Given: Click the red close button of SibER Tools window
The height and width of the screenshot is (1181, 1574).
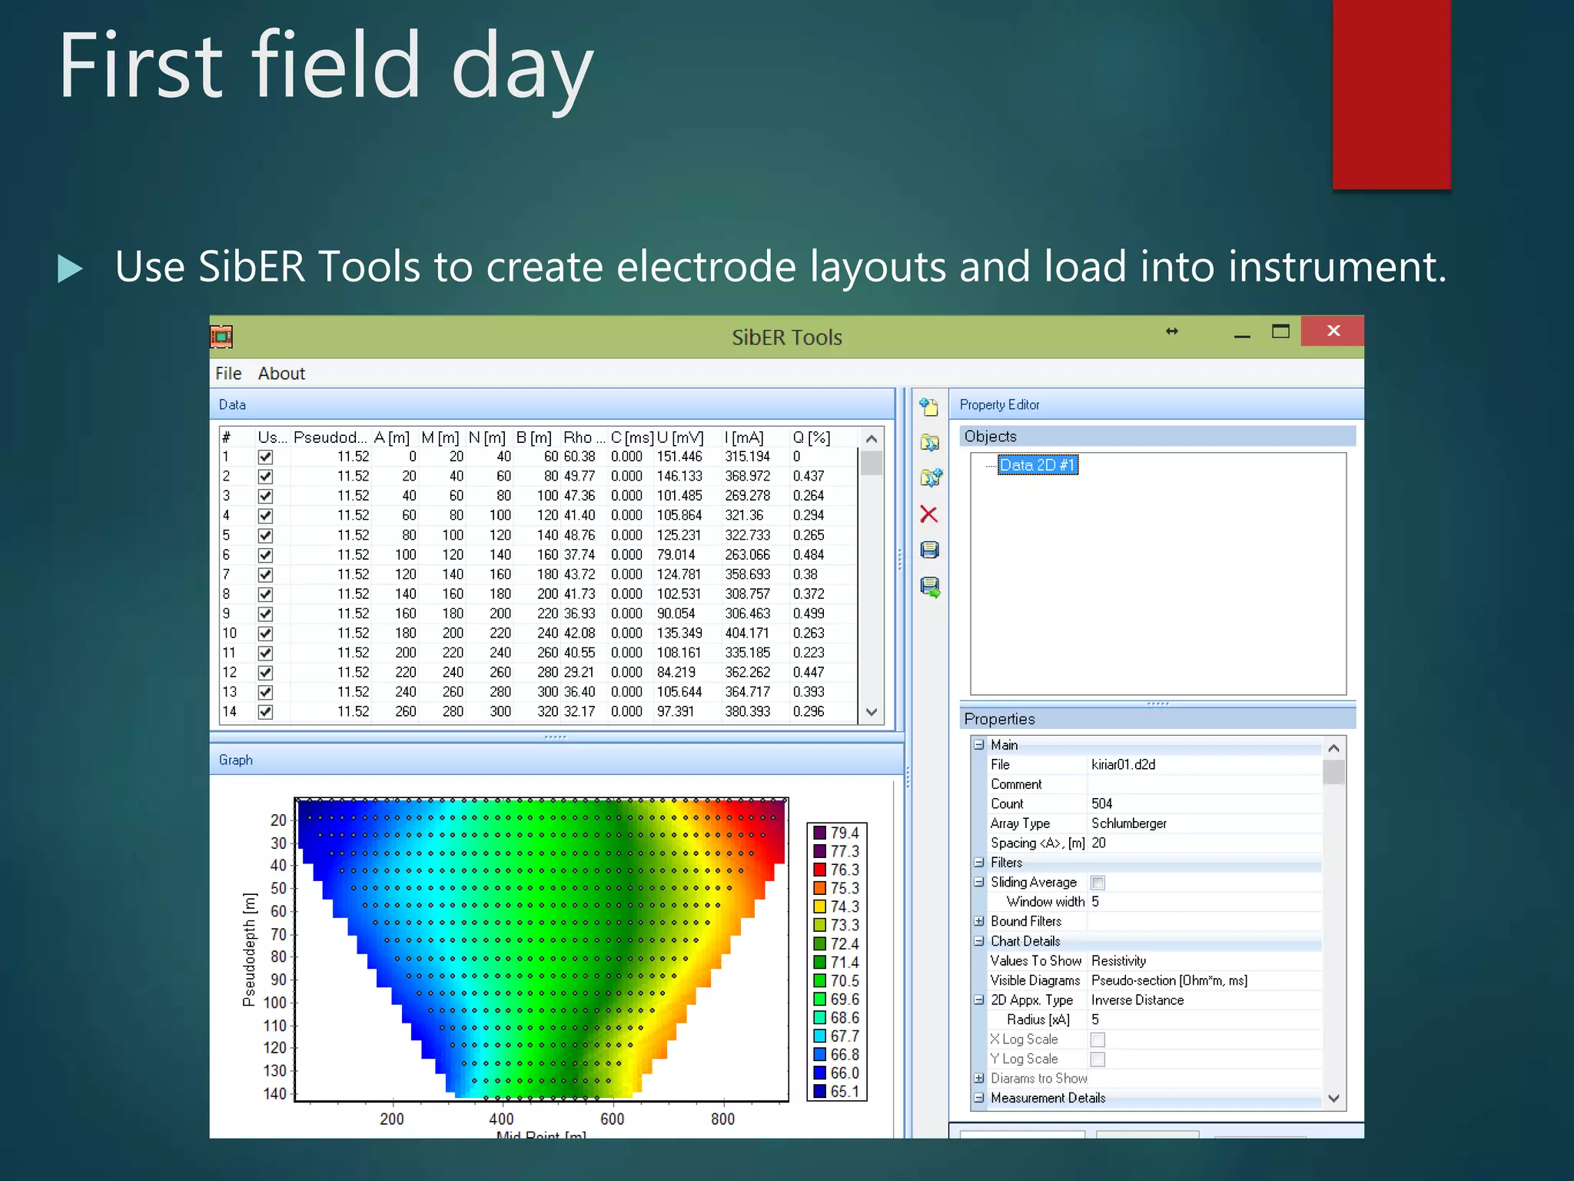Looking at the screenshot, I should pyautogui.click(x=1332, y=331).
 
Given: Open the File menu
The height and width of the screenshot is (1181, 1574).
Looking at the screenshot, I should pyautogui.click(x=228, y=374).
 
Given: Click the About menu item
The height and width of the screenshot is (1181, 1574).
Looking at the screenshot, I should pyautogui.click(x=281, y=374).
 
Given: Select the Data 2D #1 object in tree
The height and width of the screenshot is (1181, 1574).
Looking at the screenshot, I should pyautogui.click(x=1037, y=464).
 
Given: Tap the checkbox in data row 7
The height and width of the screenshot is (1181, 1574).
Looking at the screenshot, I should pyautogui.click(x=265, y=574).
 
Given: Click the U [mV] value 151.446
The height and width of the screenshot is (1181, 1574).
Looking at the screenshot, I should pyautogui.click(x=679, y=457).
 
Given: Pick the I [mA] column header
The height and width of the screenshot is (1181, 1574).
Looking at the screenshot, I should pyautogui.click(x=743, y=437).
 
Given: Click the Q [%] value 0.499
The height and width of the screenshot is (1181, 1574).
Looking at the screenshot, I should pyautogui.click(x=808, y=614).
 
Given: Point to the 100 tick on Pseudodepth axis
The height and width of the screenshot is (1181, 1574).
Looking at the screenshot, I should pyautogui.click(x=275, y=1003).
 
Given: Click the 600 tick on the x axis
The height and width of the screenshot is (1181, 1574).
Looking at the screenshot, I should pyautogui.click(x=612, y=1119).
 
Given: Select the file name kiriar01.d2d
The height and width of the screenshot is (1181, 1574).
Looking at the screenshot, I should pyautogui.click(x=1123, y=764).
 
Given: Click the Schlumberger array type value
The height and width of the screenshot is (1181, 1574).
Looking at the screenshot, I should pyautogui.click(x=1128, y=823).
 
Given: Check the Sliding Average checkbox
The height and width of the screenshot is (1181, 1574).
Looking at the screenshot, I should pyautogui.click(x=1097, y=883).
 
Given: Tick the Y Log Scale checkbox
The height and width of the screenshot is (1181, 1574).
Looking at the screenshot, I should pyautogui.click(x=1097, y=1060).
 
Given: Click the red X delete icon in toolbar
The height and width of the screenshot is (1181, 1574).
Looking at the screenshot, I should pyautogui.click(x=929, y=514).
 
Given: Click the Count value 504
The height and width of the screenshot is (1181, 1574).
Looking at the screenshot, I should pyautogui.click(x=1101, y=803).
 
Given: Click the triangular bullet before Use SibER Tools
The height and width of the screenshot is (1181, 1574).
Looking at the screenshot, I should pyautogui.click(x=70, y=268).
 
